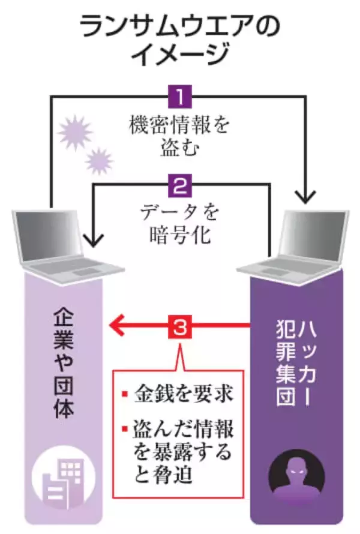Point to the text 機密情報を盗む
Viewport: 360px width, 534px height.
(179, 137)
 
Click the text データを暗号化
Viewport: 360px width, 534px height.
(179, 223)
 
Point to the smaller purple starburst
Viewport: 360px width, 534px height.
(99, 161)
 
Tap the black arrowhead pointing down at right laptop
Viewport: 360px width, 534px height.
(307, 195)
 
